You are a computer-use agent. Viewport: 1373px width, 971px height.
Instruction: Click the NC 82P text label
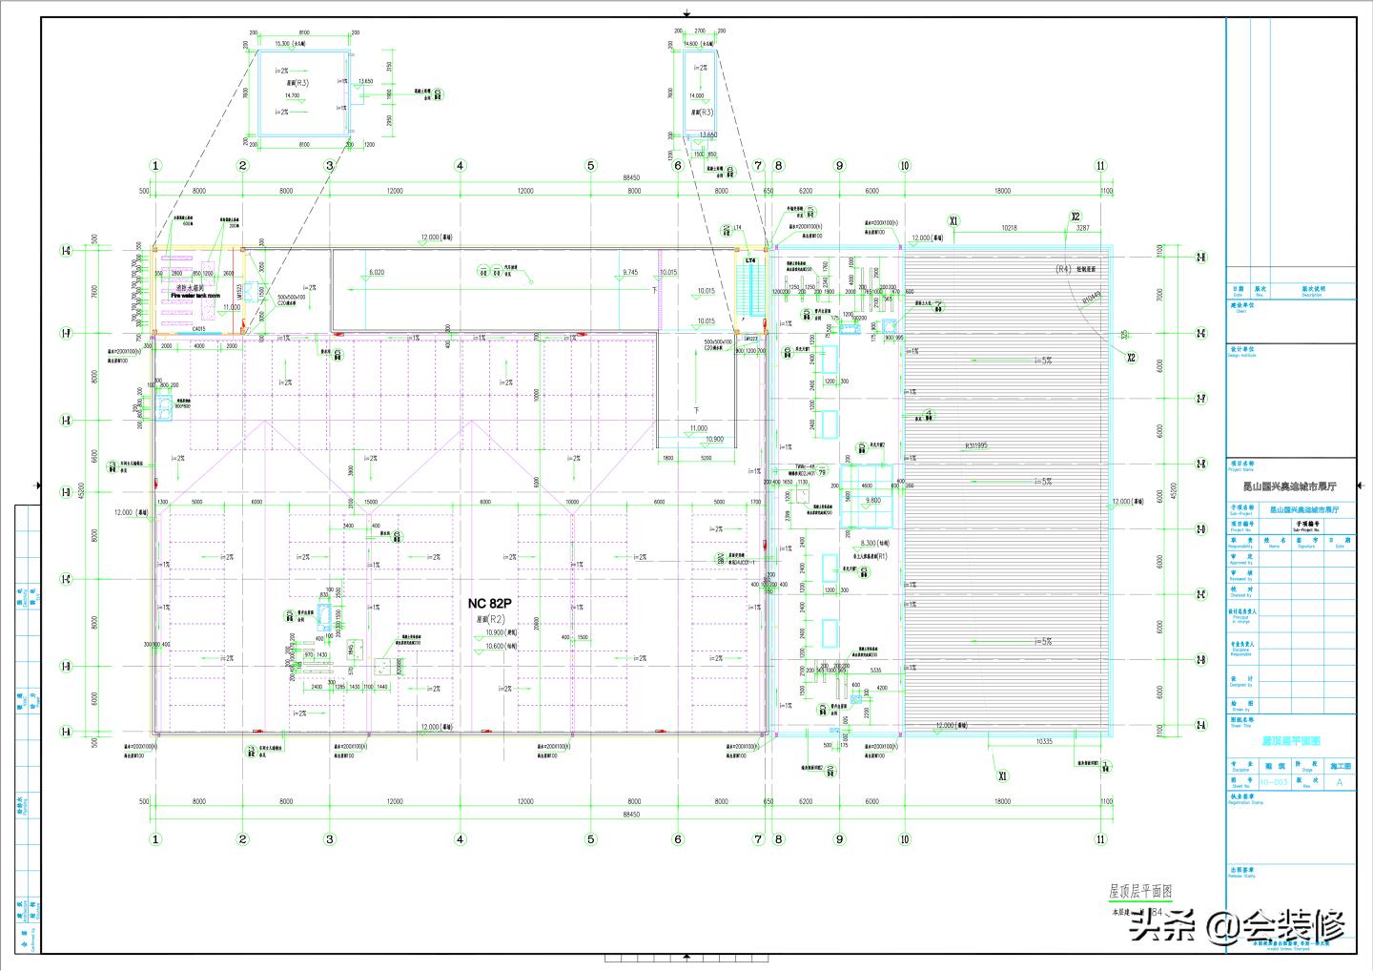point(489,604)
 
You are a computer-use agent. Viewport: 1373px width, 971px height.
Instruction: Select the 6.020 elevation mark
point(377,273)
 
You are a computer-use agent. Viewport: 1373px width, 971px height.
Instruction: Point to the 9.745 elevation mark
point(629,273)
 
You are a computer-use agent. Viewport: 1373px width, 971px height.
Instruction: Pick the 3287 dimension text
point(1082,228)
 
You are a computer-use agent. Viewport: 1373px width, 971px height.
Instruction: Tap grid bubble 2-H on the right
point(1200,257)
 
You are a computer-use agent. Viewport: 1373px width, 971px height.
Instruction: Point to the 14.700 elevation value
point(291,95)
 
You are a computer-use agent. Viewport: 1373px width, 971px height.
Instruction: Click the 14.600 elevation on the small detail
point(697,43)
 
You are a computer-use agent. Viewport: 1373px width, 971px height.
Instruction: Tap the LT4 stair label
point(750,260)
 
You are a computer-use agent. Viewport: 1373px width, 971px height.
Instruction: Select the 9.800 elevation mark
point(873,501)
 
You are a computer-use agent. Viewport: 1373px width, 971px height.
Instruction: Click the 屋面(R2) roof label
point(490,619)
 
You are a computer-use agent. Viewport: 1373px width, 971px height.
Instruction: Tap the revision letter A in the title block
point(1339,782)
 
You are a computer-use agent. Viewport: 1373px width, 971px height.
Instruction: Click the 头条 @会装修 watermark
point(1237,926)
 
